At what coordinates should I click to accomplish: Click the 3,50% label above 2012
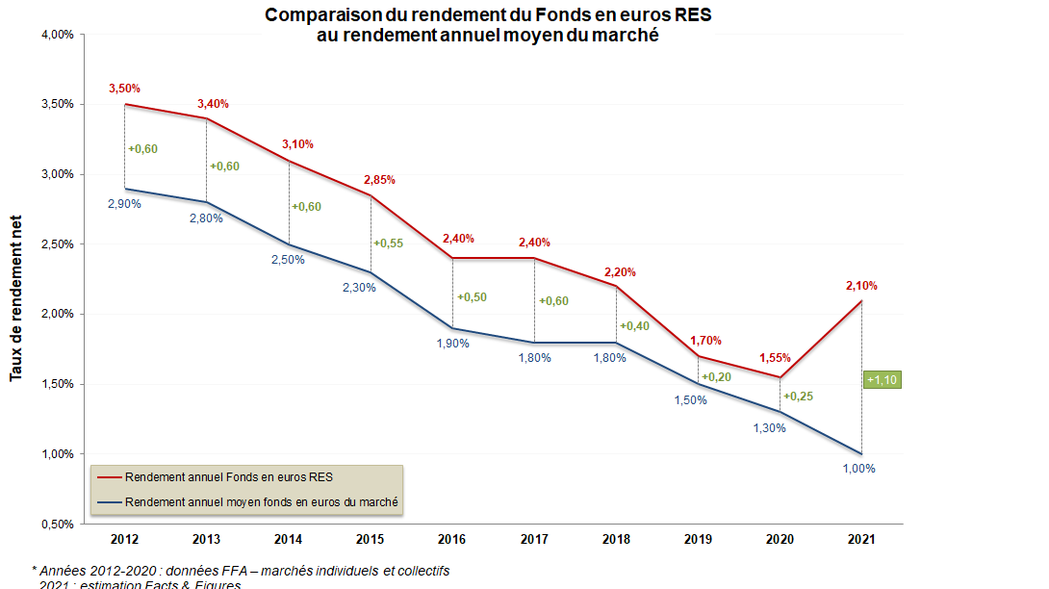125,89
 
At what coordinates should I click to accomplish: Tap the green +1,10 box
882,380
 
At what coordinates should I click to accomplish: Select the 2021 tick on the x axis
861,539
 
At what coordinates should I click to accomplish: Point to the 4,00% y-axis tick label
59,35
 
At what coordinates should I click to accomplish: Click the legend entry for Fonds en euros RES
227,477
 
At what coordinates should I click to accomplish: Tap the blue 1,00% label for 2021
858,469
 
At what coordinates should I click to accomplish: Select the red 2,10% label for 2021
861,286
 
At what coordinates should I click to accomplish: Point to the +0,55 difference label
388,243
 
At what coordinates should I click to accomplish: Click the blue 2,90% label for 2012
125,204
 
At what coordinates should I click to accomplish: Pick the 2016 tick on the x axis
452,539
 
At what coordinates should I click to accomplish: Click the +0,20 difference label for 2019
716,377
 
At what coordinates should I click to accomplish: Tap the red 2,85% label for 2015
379,180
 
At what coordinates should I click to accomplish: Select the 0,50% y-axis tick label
59,525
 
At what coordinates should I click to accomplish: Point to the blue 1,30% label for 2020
770,428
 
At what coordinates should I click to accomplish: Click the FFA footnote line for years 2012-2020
241,571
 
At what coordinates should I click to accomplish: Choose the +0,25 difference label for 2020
798,397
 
